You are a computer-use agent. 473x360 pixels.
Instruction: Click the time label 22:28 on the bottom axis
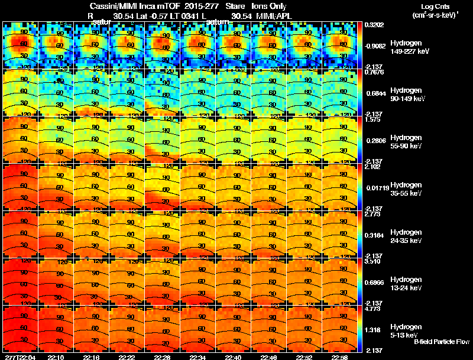pyautogui.click(x=163, y=357)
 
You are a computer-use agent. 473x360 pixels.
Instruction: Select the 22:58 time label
pyautogui.click(x=339, y=357)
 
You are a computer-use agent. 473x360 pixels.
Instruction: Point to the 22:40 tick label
pyautogui.click(x=233, y=357)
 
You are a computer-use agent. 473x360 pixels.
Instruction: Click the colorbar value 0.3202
pyautogui.click(x=374, y=25)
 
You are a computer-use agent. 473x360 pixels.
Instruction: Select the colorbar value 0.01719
pyautogui.click(x=376, y=187)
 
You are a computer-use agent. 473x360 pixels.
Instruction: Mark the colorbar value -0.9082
pyautogui.click(x=376, y=46)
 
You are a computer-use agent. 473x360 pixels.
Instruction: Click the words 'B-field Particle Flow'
pyautogui.click(x=441, y=342)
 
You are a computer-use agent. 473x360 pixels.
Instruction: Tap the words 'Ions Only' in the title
pyautogui.click(x=270, y=7)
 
